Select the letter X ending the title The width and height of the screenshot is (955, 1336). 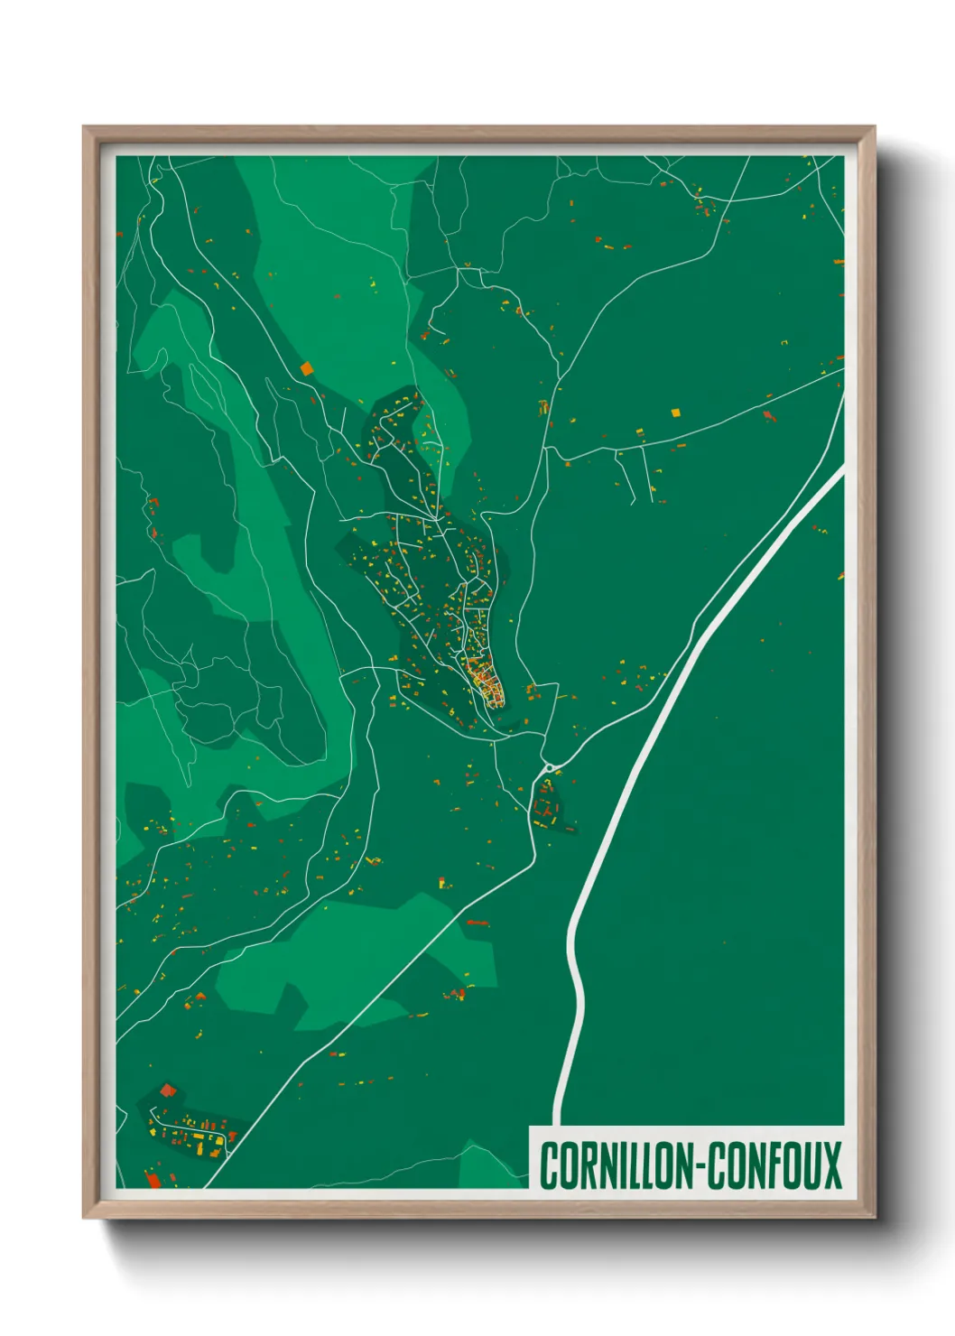pos(831,1165)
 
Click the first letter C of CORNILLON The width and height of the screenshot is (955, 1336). pos(548,1165)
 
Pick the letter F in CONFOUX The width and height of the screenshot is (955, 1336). pos(767,1165)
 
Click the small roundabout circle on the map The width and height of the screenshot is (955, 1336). pos(548,768)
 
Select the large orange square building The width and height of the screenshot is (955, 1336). pos(306,368)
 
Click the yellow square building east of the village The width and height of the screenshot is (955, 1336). pos(675,413)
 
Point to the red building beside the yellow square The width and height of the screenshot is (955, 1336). pos(768,415)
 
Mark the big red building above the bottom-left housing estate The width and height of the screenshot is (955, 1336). pos(167,1090)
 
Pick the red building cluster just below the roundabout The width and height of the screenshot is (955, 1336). pos(546,803)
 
